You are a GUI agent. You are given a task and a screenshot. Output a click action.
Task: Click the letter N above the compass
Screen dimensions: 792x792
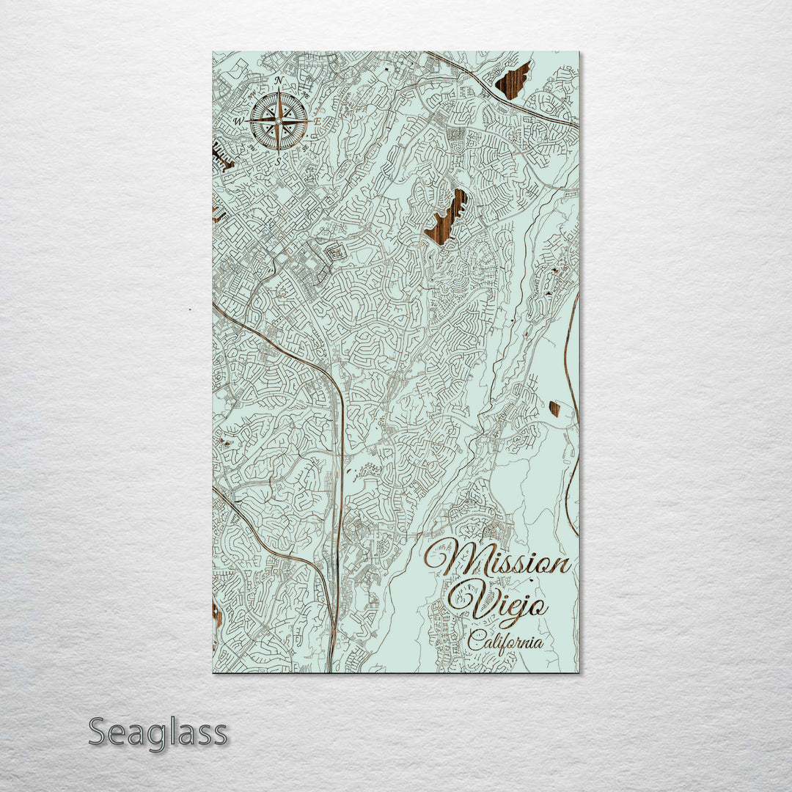click(279, 80)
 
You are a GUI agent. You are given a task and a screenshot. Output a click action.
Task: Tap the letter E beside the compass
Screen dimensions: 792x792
click(318, 120)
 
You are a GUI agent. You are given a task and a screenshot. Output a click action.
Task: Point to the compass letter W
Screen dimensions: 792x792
click(238, 120)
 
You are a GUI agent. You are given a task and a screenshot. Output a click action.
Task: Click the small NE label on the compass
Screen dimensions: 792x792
click(305, 93)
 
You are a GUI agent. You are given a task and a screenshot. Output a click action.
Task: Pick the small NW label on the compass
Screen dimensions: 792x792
click(252, 93)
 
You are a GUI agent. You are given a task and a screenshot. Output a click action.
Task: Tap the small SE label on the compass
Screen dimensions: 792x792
click(305, 147)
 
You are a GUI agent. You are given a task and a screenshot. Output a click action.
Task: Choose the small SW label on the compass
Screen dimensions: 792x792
click(252, 147)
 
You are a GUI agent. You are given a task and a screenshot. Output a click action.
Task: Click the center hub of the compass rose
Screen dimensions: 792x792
click(279, 120)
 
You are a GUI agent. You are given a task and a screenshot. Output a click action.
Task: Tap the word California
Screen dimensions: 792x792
click(506, 642)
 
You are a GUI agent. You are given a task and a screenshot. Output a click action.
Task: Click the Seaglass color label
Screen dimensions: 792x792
click(158, 733)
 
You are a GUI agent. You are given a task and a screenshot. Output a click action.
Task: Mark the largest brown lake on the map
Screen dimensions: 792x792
click(446, 218)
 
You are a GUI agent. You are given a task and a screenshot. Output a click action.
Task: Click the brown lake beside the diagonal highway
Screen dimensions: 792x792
click(513, 80)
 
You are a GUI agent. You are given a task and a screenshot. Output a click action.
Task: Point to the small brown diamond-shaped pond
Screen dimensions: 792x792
click(554, 408)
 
